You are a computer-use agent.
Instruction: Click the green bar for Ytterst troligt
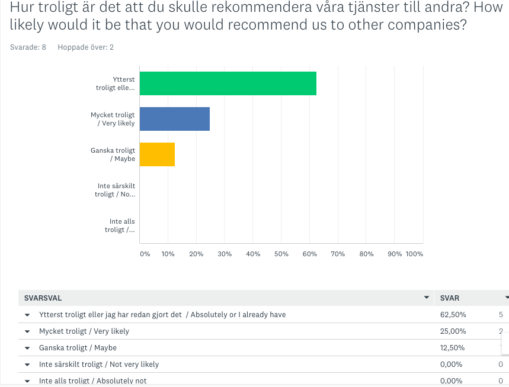228,83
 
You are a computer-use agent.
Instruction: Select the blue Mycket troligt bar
174,119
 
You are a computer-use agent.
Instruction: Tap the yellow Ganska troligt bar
157,154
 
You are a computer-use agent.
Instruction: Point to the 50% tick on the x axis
281,254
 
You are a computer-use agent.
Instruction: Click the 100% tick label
414,254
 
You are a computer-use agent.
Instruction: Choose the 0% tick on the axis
145,254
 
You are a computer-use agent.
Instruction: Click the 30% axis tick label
225,254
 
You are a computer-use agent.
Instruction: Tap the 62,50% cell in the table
453,315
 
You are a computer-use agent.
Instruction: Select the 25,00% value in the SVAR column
453,331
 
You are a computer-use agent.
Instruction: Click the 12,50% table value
453,348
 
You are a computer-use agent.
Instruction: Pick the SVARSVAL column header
43,298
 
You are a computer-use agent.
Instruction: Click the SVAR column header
450,298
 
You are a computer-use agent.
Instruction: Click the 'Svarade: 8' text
28,47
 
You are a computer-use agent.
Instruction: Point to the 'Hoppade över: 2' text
85,47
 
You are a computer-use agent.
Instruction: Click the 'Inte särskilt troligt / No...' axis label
115,190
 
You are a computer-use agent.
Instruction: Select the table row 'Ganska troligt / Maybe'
78,348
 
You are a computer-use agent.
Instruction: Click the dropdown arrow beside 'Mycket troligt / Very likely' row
27,331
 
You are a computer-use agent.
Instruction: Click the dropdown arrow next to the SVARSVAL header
426,298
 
